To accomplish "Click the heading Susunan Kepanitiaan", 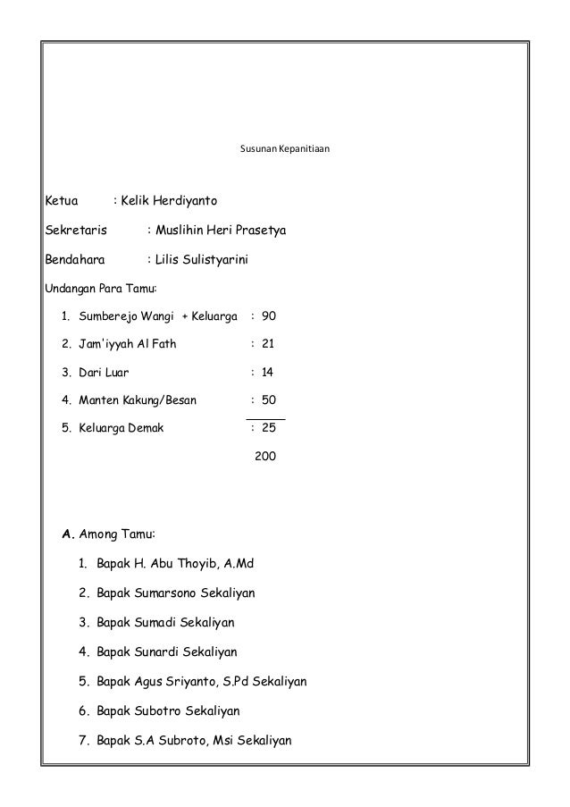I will point(285,145).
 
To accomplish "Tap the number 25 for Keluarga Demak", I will point(268,427).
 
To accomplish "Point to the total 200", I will point(266,456).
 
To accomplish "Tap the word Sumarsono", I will point(171,593).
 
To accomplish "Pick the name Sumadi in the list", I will point(161,621).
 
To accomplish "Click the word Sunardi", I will point(161,651).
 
